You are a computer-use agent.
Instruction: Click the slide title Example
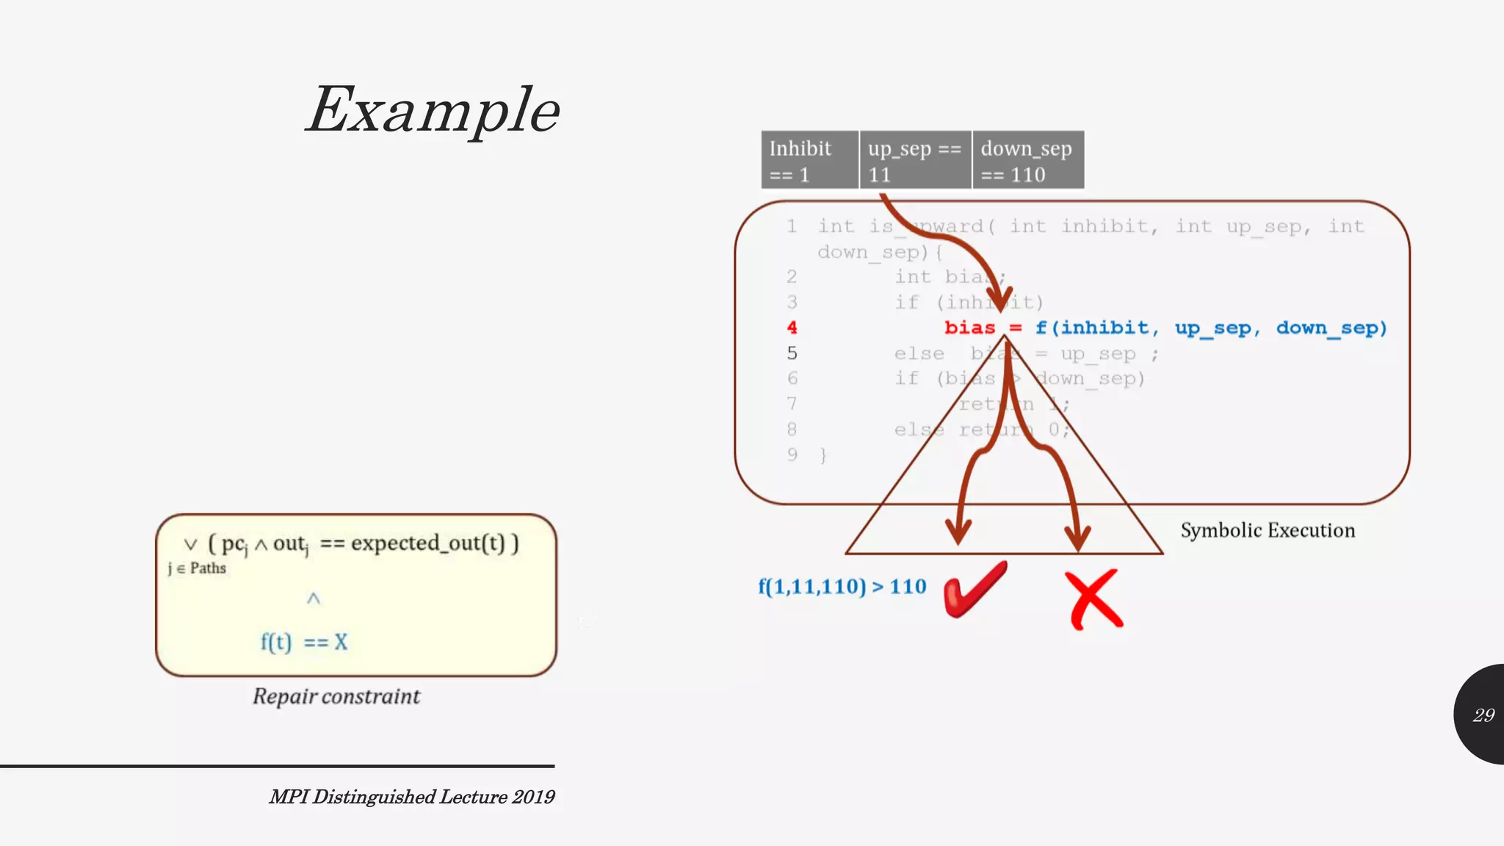point(433,110)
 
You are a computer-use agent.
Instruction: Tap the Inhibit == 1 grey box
point(809,160)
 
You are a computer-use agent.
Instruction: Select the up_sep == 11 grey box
point(915,160)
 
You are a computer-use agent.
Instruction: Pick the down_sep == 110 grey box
point(1027,160)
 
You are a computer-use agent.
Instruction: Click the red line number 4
point(792,328)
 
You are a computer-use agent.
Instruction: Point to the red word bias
point(969,328)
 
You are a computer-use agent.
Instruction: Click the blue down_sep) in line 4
point(1331,328)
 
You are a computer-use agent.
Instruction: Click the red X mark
point(1094,599)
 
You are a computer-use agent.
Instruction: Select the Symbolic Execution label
point(1268,530)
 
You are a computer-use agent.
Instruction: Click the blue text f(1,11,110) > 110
point(842,587)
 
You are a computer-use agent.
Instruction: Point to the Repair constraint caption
point(336,696)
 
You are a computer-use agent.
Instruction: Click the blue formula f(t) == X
point(304,642)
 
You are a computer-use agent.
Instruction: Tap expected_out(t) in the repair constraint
point(428,543)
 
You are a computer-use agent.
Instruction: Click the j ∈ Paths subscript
point(197,568)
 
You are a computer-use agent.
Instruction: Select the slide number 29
point(1483,715)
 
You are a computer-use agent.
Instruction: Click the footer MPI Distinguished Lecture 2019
point(411,797)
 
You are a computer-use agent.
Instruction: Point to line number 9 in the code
point(792,455)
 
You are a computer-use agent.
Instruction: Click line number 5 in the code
point(792,353)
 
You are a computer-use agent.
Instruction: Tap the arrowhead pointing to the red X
point(1077,538)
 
